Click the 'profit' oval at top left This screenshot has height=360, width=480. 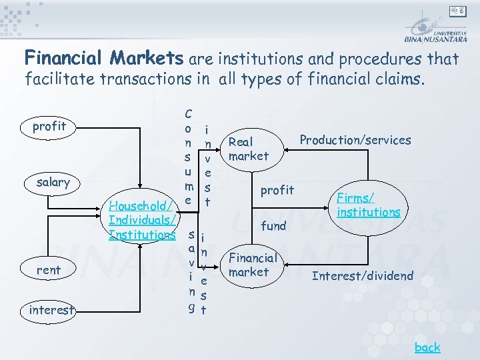(50, 127)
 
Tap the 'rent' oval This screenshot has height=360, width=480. (49, 270)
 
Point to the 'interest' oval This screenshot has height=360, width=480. (51, 310)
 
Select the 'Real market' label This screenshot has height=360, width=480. (248, 149)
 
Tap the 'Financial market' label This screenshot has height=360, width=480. (253, 265)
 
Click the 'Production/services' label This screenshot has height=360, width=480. (355, 140)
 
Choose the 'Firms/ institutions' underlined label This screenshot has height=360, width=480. (368, 205)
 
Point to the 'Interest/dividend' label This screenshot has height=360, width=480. (363, 276)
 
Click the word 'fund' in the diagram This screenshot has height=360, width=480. (273, 226)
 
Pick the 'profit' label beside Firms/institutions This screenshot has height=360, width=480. (277, 191)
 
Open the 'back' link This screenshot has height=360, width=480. (427, 347)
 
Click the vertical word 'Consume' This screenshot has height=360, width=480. (189, 157)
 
